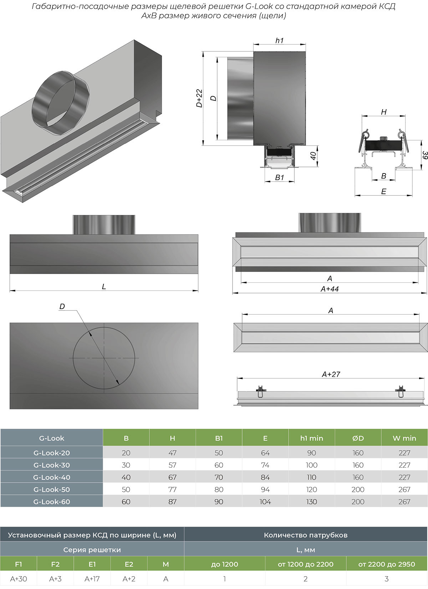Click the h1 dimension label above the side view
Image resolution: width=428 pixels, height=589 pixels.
click(x=279, y=41)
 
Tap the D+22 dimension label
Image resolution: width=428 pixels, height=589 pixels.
click(x=199, y=98)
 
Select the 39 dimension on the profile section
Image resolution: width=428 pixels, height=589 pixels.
click(x=424, y=155)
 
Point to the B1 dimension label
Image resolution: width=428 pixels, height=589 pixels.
click(x=279, y=177)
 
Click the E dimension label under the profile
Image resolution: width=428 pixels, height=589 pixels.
click(x=383, y=192)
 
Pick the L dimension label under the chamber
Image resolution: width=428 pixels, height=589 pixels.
click(x=104, y=287)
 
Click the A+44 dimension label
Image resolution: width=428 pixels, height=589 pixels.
click(x=330, y=289)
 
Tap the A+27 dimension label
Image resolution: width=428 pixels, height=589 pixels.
click(x=331, y=374)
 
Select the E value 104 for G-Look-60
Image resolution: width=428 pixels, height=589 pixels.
click(x=265, y=502)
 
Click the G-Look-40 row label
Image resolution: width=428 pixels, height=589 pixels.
click(x=52, y=477)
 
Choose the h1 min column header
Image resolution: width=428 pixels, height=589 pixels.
click(x=311, y=438)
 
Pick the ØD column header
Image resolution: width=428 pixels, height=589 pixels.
click(x=358, y=438)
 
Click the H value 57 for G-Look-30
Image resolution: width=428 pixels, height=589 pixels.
click(x=172, y=465)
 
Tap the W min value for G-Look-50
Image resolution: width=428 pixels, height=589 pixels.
click(x=404, y=489)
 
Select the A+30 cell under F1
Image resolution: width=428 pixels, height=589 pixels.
click(x=19, y=579)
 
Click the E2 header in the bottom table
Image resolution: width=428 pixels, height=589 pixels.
click(x=129, y=564)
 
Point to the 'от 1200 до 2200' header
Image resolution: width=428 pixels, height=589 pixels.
click(x=305, y=564)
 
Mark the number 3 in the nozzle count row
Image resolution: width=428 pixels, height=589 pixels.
click(x=386, y=579)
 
